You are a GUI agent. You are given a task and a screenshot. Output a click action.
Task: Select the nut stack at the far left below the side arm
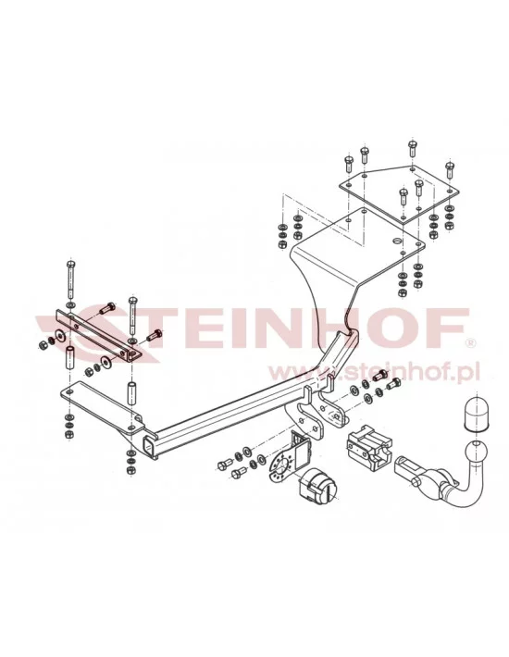[68, 425]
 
